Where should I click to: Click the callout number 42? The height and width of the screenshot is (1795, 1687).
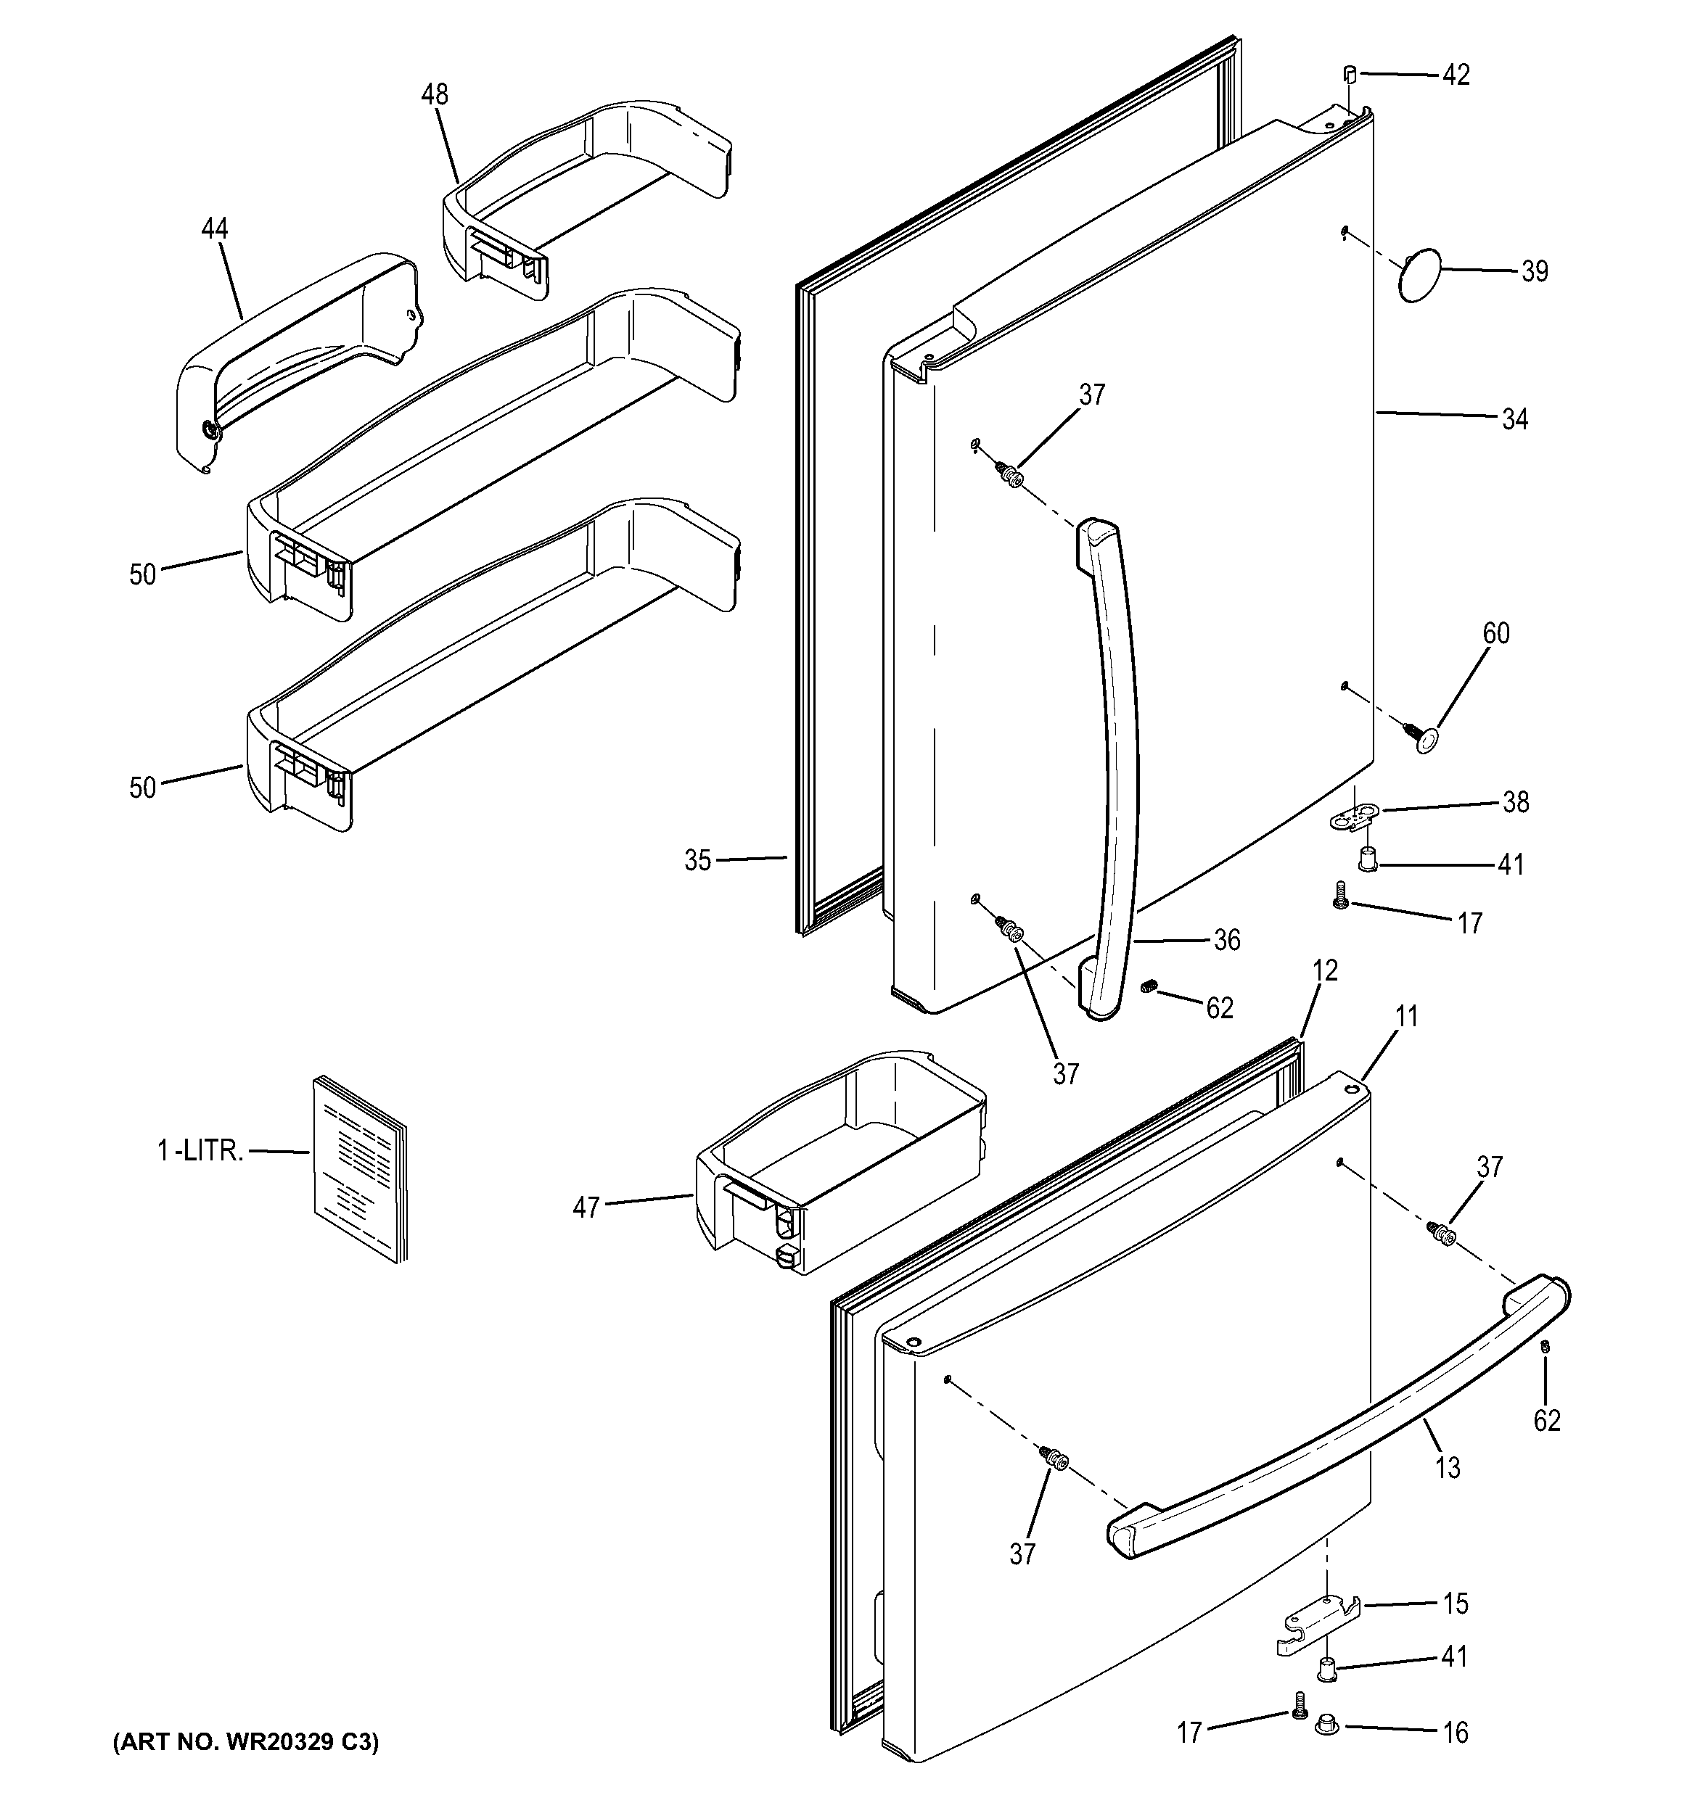coord(1455,75)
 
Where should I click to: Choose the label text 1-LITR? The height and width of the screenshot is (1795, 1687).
coord(200,1151)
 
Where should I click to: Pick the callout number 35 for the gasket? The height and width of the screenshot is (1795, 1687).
coord(697,860)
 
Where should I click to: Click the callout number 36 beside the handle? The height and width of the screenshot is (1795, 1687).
coord(1226,940)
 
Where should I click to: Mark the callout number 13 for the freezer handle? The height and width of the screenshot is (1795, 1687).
coord(1447,1468)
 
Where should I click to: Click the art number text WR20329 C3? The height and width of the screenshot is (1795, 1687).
coord(246,1741)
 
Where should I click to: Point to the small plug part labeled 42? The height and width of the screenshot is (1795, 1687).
coord(1350,73)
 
